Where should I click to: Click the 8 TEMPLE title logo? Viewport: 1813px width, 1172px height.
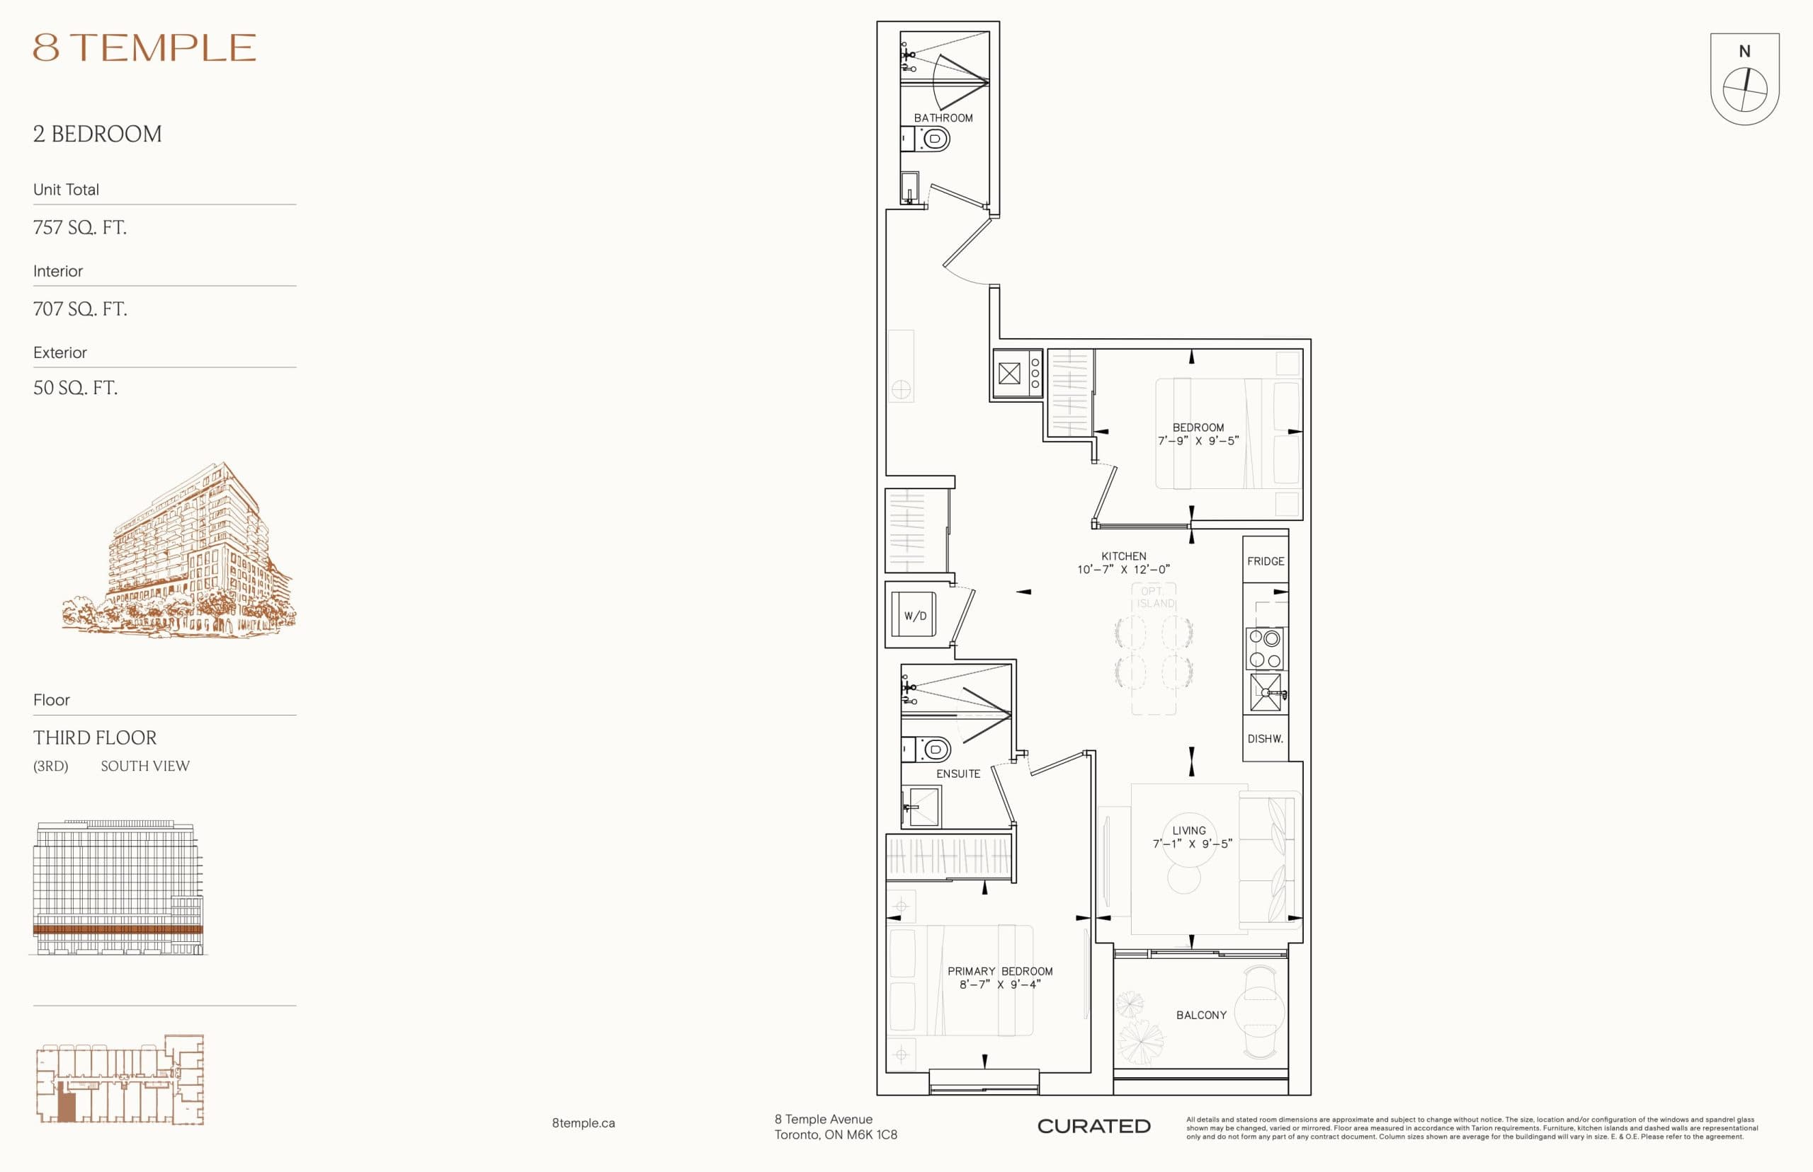[x=144, y=47]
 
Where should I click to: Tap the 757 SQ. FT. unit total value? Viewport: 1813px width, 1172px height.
[x=80, y=228]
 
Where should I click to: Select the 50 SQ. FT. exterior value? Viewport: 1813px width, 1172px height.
[x=75, y=388]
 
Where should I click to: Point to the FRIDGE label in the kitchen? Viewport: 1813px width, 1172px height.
[x=1265, y=561]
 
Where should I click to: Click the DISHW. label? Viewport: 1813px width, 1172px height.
[x=1265, y=738]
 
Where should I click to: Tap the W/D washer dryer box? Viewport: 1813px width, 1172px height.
[x=914, y=615]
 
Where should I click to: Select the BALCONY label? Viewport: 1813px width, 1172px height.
[x=1201, y=1015]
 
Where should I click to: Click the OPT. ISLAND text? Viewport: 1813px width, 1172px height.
[x=1154, y=597]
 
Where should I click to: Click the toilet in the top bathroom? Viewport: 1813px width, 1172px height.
[x=934, y=139]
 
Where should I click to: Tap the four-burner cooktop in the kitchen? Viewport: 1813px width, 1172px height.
[x=1265, y=648]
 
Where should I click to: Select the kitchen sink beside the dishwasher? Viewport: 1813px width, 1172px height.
[x=1265, y=693]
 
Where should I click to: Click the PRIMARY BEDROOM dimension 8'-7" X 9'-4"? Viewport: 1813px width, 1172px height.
[x=999, y=984]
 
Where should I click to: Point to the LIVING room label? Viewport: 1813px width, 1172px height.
[x=1188, y=830]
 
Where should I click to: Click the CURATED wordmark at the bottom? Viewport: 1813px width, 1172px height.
[x=1093, y=1126]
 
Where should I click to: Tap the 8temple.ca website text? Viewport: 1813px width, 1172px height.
[x=584, y=1123]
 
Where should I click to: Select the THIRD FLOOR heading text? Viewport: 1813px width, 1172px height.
[x=95, y=737]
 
